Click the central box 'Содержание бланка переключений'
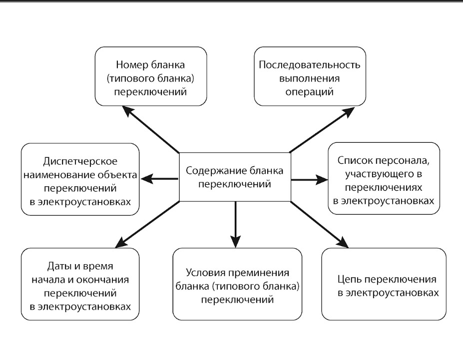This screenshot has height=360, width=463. click(235, 177)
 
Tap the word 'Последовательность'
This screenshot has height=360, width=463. click(310, 64)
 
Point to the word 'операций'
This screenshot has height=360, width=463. click(310, 92)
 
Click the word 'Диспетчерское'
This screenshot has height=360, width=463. click(80, 161)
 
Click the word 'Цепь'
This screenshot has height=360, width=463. click(349, 280)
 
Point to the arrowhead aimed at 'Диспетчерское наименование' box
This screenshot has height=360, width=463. click(147, 179)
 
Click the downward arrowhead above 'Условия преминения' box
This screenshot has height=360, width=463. click(235, 241)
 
